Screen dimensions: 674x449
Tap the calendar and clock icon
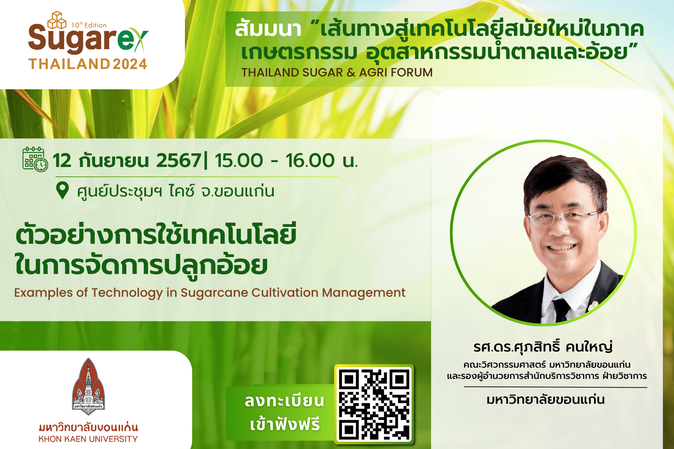click(x=35, y=160)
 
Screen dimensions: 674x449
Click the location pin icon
click(x=62, y=190)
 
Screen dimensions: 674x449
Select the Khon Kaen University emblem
click(x=88, y=386)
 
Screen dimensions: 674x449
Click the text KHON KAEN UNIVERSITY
click(x=88, y=439)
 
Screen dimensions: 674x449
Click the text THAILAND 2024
click(x=88, y=64)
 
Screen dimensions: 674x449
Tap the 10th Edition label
click(x=89, y=25)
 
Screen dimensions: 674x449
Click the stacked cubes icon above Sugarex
click(x=57, y=20)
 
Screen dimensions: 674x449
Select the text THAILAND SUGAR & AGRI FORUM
click(x=337, y=72)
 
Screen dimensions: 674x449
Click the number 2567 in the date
click(x=179, y=161)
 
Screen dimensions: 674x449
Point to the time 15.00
click(x=239, y=161)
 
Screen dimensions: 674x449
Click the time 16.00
click(x=310, y=161)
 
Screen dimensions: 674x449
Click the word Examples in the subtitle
click(x=44, y=293)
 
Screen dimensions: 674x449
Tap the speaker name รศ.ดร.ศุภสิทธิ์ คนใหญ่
click(x=543, y=347)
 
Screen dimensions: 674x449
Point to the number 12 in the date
click(x=62, y=161)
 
